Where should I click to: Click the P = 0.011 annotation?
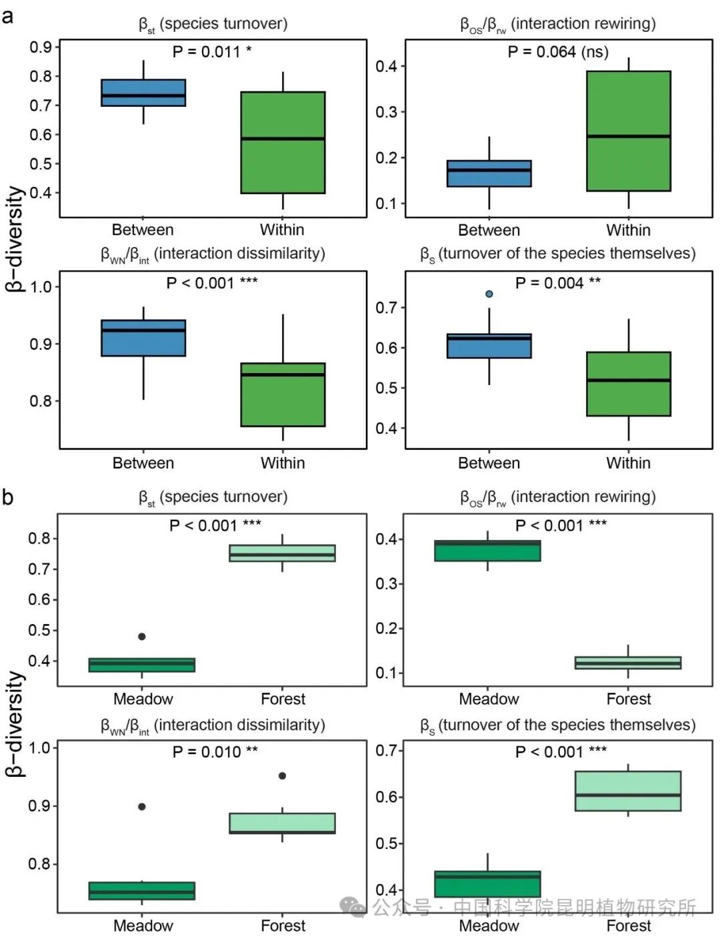click(x=212, y=52)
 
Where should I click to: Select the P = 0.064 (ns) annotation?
click(x=558, y=52)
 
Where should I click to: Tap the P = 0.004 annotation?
click(x=558, y=283)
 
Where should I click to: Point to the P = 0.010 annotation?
click(x=215, y=752)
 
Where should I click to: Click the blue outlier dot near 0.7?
click(x=489, y=294)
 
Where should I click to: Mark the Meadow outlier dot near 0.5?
click(x=142, y=637)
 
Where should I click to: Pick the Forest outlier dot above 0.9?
click(x=282, y=775)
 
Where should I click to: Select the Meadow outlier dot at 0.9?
click(x=142, y=806)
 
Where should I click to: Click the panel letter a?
click(x=8, y=17)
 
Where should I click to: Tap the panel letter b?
click(x=8, y=497)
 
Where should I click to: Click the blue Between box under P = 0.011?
click(x=143, y=93)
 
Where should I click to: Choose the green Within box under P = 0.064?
click(x=629, y=131)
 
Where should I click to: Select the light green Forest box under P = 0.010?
click(x=282, y=824)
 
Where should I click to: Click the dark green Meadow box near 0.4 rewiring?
click(x=487, y=551)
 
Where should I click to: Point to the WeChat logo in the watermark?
click(x=353, y=907)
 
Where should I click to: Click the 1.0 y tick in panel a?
click(x=41, y=287)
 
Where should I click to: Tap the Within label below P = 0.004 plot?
click(x=628, y=463)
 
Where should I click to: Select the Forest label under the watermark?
click(x=629, y=926)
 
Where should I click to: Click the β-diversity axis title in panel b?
click(x=15, y=724)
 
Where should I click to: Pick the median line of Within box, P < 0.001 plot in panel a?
click(x=283, y=374)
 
